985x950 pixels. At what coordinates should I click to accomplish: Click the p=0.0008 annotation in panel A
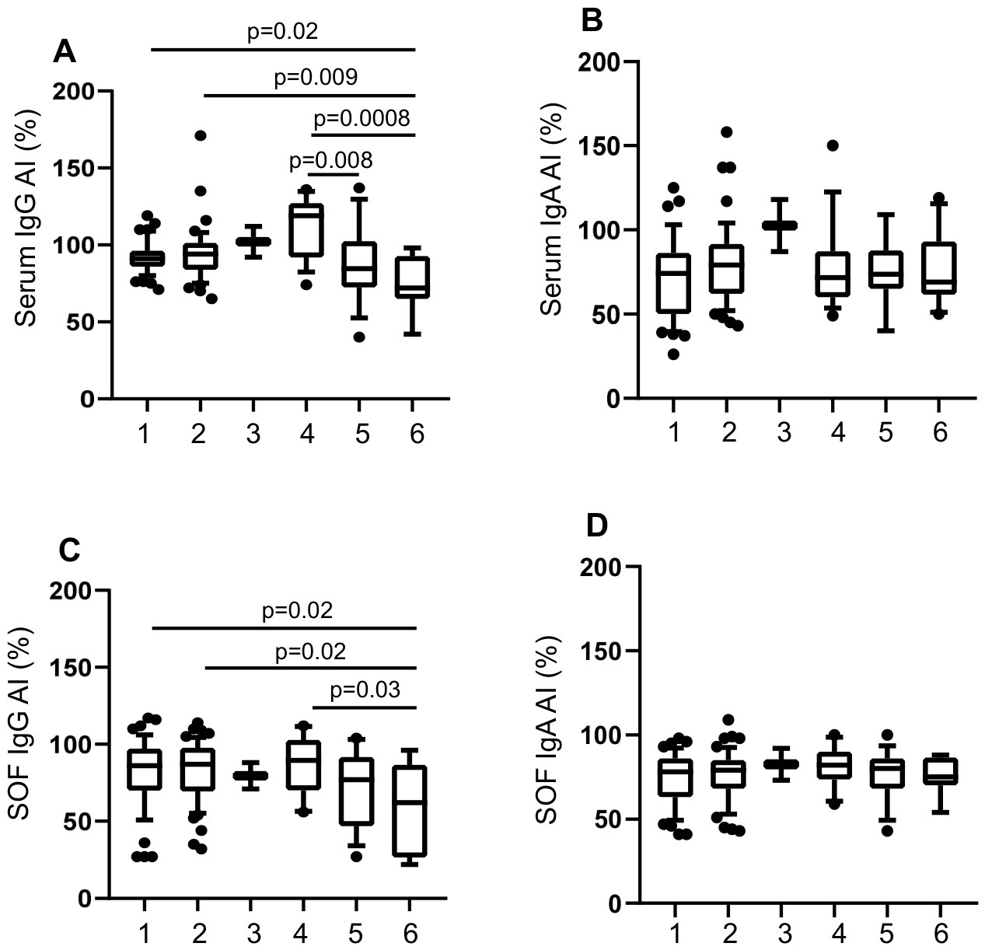(x=362, y=119)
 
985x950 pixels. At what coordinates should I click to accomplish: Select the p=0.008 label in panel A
(x=330, y=161)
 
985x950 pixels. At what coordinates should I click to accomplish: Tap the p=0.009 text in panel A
(x=316, y=77)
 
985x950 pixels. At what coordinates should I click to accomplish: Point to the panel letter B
(x=592, y=21)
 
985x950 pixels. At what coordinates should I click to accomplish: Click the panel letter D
(x=597, y=526)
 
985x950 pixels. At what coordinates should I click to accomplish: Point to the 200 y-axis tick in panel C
(x=72, y=591)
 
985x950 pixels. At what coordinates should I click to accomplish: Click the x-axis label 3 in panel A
(x=252, y=434)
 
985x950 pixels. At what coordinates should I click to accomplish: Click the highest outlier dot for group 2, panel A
(x=200, y=135)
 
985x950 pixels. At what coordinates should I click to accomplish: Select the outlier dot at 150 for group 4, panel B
(x=833, y=145)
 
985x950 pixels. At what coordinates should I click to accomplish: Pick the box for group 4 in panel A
(x=306, y=230)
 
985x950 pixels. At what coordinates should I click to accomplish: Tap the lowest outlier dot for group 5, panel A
(x=358, y=337)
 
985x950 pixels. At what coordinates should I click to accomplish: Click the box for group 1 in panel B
(x=673, y=283)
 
